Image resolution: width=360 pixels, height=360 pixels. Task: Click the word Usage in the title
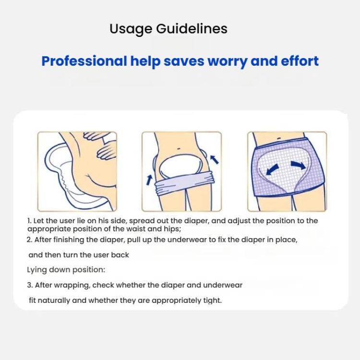pyautogui.click(x=131, y=29)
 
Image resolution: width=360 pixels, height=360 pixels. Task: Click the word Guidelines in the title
pyautogui.click(x=192, y=29)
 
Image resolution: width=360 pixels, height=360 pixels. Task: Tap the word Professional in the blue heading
pyautogui.click(x=84, y=61)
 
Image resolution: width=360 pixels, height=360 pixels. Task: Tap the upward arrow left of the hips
pyautogui.click(x=150, y=180)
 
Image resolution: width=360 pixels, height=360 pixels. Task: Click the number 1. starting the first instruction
pyautogui.click(x=29, y=221)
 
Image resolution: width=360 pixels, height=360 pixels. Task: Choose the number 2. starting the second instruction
pyautogui.click(x=30, y=240)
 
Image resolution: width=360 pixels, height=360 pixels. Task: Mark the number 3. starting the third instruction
pyautogui.click(x=30, y=285)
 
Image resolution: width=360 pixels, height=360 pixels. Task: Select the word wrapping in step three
pyautogui.click(x=74, y=285)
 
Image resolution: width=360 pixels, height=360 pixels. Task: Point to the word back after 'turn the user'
pyautogui.click(x=120, y=255)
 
